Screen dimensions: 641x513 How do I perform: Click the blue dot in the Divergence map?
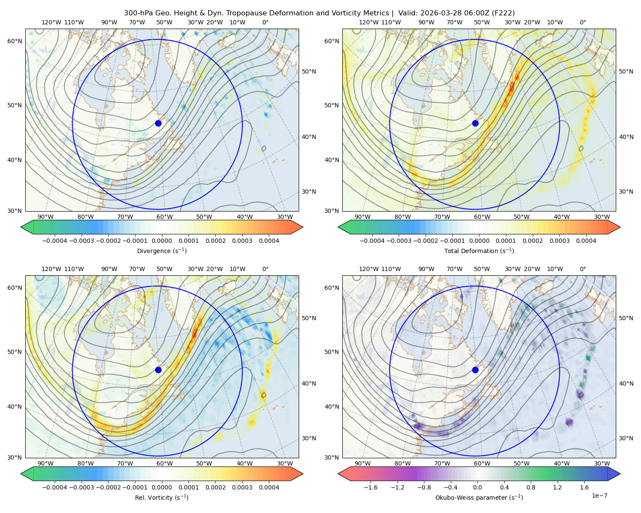[x=158, y=124]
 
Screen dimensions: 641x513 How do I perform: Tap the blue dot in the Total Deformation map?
[x=475, y=124]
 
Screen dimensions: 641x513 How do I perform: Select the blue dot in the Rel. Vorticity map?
[x=158, y=370]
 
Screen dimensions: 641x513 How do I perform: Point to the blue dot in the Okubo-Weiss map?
[x=475, y=370]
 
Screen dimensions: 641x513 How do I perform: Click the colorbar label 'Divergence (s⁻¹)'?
[x=162, y=251]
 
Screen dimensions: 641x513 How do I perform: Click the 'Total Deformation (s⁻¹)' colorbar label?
[x=479, y=251]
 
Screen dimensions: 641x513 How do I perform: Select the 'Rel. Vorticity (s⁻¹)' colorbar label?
[x=162, y=498]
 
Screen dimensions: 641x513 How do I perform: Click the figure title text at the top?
[x=319, y=13]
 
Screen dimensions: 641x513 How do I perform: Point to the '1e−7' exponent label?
[x=599, y=495]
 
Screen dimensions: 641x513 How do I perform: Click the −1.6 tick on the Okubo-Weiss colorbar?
[x=370, y=487]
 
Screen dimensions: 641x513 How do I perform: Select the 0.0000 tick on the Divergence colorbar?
[x=162, y=241]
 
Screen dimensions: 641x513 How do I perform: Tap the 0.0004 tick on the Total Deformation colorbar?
[x=586, y=241]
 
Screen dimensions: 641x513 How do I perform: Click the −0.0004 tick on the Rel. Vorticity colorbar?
[x=55, y=487]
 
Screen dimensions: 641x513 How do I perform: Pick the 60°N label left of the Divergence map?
[x=15, y=41]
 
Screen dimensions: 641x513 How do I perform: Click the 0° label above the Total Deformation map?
[x=582, y=22]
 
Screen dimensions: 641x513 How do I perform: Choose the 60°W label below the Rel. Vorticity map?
[x=165, y=463]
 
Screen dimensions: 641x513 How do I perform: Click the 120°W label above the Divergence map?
[x=51, y=22]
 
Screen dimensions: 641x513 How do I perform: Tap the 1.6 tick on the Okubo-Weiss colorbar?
[x=584, y=487]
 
